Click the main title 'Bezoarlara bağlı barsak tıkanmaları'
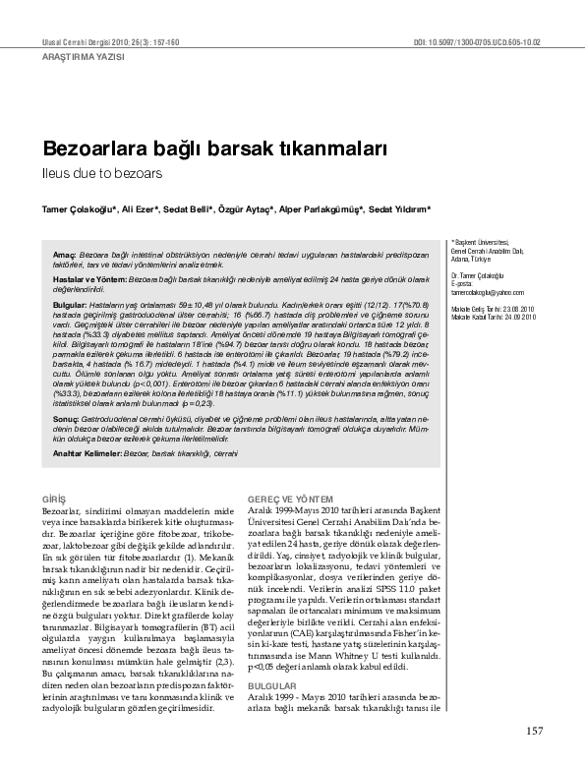point(213,149)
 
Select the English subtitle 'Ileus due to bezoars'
point(93,172)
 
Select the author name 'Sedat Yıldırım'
point(398,209)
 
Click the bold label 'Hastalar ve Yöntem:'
point(90,280)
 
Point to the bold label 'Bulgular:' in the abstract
point(70,307)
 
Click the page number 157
point(535,730)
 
